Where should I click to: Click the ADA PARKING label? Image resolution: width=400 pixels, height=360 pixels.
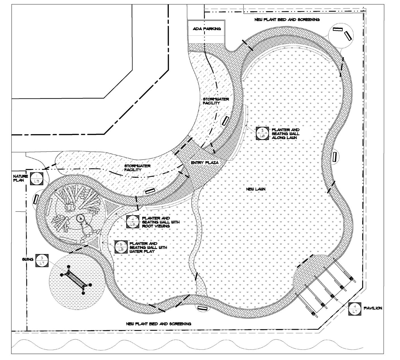[207, 29]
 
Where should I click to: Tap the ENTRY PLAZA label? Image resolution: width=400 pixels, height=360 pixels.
[205, 163]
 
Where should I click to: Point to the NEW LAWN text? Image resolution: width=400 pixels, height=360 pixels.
[256, 189]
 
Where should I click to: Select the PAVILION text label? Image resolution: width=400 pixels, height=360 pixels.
[373, 308]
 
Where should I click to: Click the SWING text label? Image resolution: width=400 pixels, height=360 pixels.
[28, 259]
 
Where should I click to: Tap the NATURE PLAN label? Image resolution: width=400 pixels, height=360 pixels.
[20, 178]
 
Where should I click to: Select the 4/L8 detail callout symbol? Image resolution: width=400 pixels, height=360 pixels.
[133, 222]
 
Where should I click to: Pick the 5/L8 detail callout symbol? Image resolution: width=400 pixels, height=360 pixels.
[121, 247]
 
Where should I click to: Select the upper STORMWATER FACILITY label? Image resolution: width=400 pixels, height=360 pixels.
[216, 101]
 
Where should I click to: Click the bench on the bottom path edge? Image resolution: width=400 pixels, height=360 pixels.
[203, 308]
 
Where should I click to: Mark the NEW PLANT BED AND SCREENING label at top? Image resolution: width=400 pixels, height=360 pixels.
[287, 20]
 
